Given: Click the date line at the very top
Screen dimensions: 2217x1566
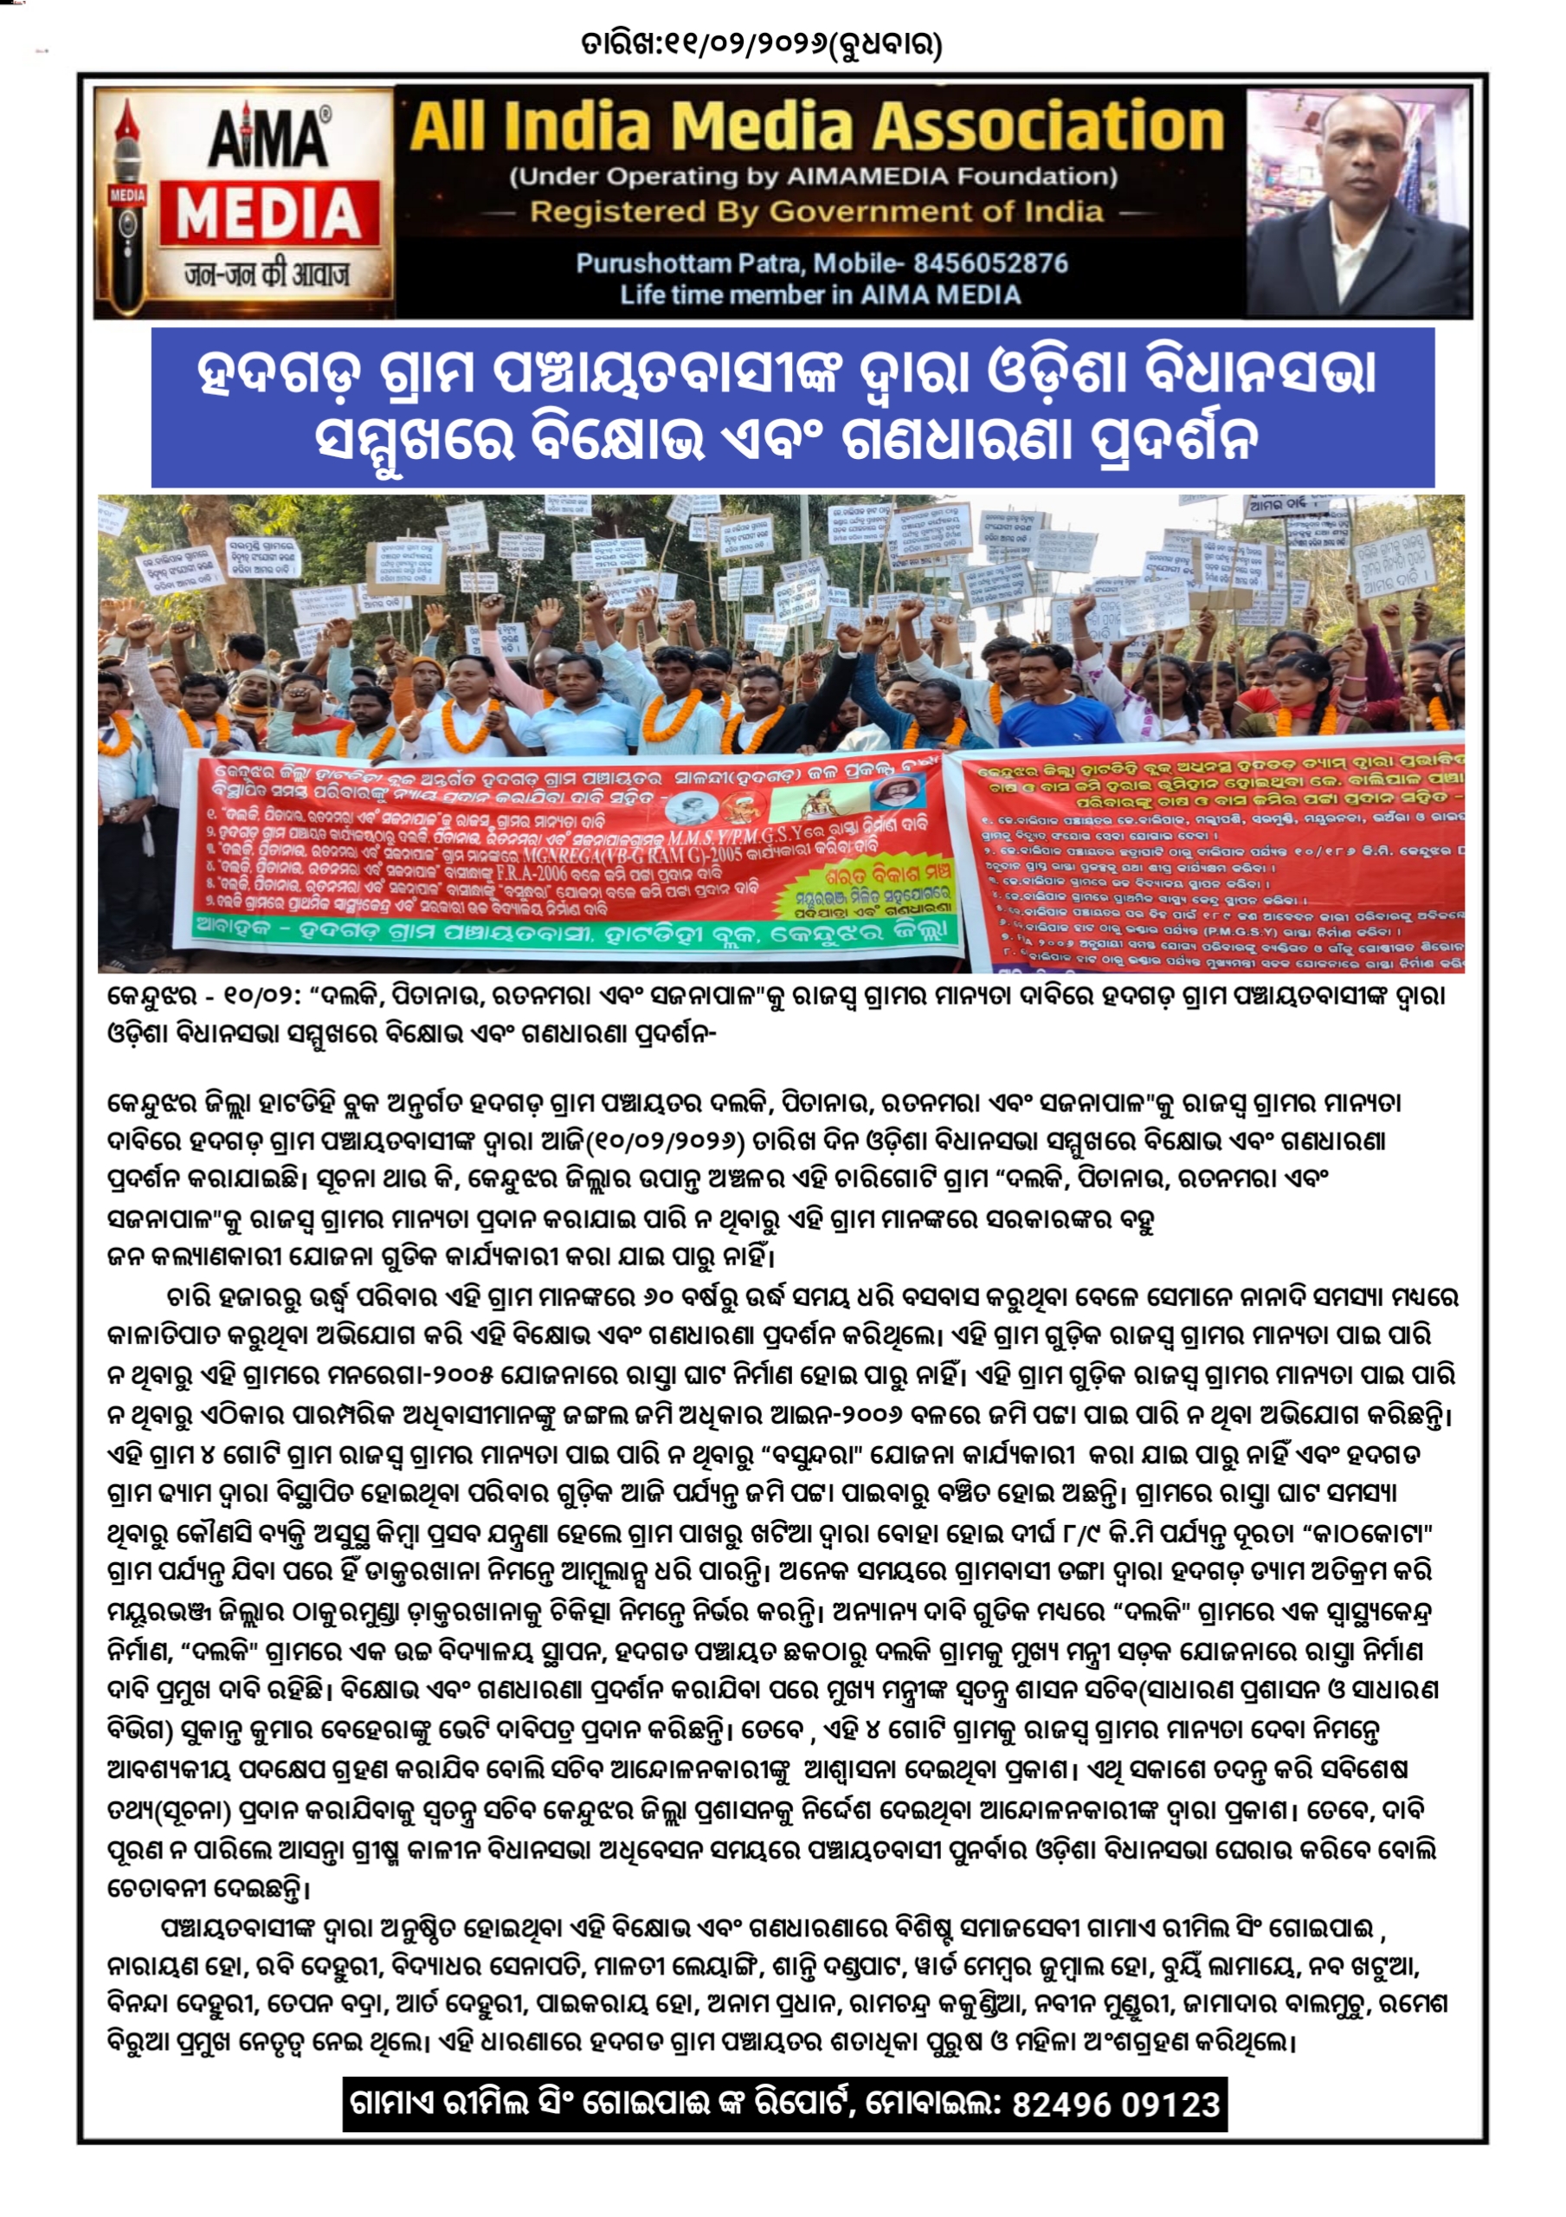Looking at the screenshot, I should coord(761,42).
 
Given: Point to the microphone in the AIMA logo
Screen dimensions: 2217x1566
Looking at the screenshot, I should coord(127,203).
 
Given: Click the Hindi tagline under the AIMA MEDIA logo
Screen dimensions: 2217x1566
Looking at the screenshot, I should coord(267,275).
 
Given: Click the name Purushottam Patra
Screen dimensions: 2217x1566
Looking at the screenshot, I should coord(688,262).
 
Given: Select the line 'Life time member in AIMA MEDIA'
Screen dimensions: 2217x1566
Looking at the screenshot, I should coord(820,294).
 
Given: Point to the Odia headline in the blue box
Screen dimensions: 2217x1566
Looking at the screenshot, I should coord(792,406).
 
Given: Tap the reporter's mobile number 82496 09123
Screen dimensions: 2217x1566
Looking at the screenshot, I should coord(1116,2103).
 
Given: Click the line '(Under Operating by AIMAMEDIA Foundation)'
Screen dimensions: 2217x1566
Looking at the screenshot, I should coord(813,177).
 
